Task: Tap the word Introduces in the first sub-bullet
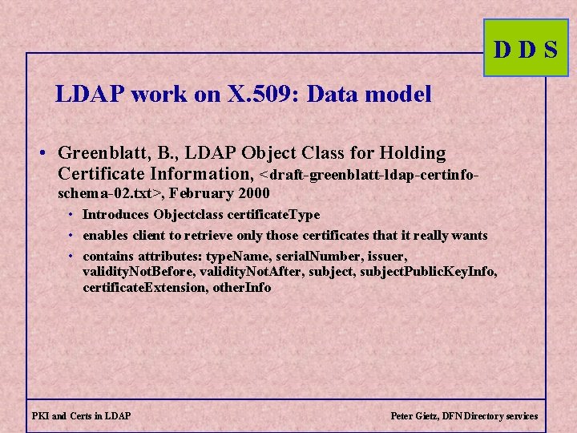click(117, 215)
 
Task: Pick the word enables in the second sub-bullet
click(104, 235)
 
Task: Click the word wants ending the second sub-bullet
click(470, 235)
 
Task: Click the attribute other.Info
click(243, 287)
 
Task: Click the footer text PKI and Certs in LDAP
click(82, 416)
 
